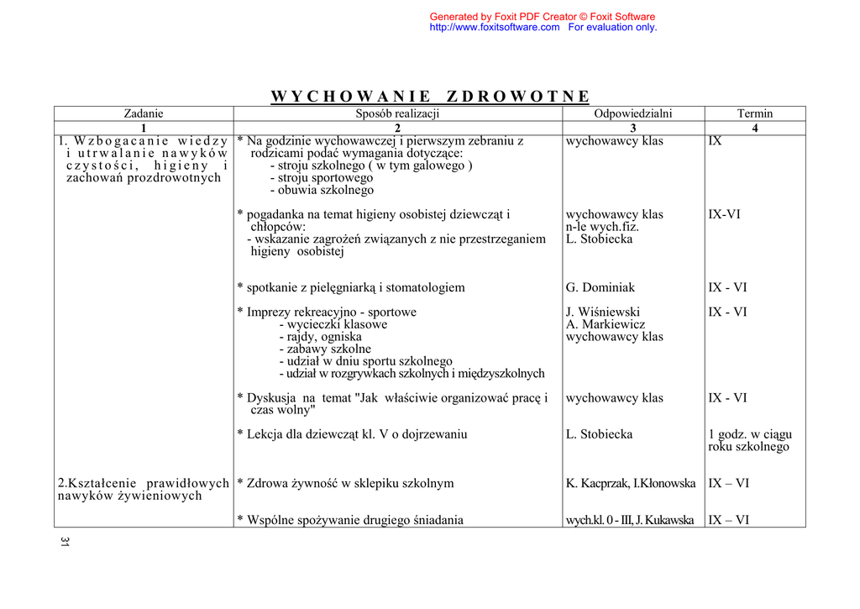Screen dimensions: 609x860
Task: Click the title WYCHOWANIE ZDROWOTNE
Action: click(x=430, y=97)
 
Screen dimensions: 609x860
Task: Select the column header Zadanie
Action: click(x=144, y=113)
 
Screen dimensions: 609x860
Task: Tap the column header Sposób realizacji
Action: click(x=397, y=113)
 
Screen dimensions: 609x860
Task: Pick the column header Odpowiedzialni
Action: click(x=632, y=113)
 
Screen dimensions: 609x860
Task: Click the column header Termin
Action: click(x=754, y=113)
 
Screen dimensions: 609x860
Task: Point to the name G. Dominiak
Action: click(x=600, y=288)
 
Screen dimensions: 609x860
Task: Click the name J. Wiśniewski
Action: click(x=603, y=312)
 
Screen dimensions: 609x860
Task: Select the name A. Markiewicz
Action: click(x=606, y=324)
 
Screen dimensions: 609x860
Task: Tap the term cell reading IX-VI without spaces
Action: click(x=724, y=215)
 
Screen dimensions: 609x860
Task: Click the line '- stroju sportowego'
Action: click(x=321, y=178)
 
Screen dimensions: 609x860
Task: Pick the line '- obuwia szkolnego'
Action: click(x=322, y=191)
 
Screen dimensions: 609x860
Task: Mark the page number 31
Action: click(x=64, y=542)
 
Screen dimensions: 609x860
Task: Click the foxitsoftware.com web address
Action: click(x=494, y=28)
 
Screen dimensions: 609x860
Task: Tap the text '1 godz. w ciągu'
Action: click(x=749, y=435)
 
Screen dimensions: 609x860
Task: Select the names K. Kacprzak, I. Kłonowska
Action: click(x=631, y=484)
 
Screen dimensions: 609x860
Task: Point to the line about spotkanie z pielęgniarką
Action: click(x=351, y=288)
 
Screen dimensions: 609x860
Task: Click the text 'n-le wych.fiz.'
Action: click(x=602, y=227)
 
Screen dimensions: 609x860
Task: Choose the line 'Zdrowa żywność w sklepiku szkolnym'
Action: click(x=345, y=484)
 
